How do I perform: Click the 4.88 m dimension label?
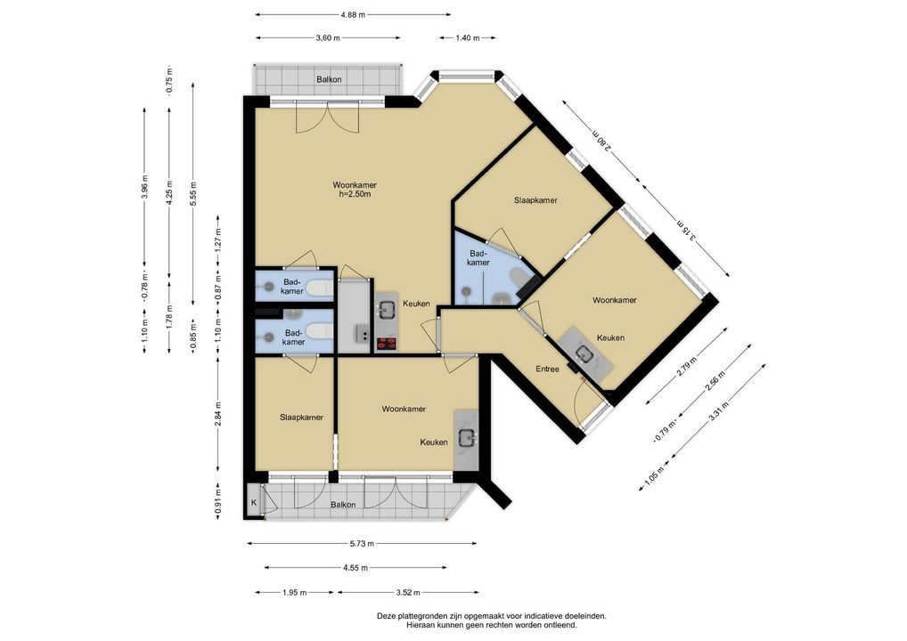tap(354, 14)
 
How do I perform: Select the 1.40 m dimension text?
tap(468, 38)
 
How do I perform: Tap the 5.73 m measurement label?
tap(362, 543)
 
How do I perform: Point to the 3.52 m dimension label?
tap(408, 592)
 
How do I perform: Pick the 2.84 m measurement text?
tap(218, 413)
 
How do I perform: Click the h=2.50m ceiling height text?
tap(355, 194)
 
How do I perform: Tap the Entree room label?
tap(547, 369)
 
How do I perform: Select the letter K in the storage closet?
tap(253, 503)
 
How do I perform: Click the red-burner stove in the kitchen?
tap(387, 344)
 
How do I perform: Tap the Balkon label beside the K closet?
tap(343, 505)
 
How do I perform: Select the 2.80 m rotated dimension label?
tap(601, 139)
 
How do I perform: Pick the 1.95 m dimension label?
tap(294, 592)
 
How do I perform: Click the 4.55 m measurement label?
tap(355, 568)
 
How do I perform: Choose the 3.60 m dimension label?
tap(327, 38)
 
